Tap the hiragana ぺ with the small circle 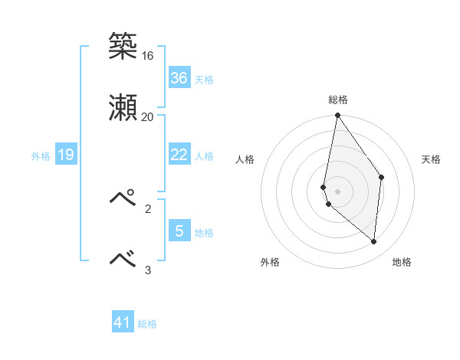click(x=123, y=198)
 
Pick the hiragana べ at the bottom click(x=123, y=259)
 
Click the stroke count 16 click(x=147, y=56)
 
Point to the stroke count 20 click(x=147, y=116)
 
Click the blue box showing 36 click(x=179, y=78)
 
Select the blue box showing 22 click(x=179, y=155)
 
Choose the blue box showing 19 click(x=66, y=155)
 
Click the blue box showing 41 click(x=123, y=322)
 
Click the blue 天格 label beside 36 click(x=204, y=80)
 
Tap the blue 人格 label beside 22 click(x=204, y=156)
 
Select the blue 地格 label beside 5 click(x=204, y=233)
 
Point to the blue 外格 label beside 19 click(x=41, y=156)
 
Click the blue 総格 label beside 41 click(x=147, y=324)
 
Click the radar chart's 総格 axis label click(x=337, y=100)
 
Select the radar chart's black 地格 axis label click(x=402, y=263)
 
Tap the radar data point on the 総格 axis click(x=337, y=116)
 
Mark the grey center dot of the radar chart click(x=337, y=191)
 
